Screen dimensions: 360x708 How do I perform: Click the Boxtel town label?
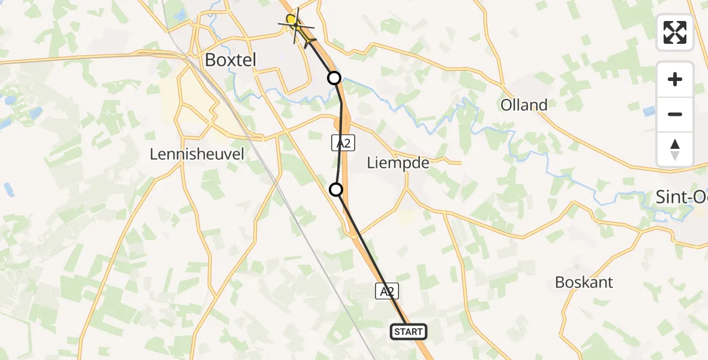click(x=230, y=59)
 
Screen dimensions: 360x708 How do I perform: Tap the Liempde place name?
click(x=398, y=163)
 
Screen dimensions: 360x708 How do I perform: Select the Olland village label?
click(x=524, y=105)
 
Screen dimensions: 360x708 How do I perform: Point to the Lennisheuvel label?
click(x=197, y=154)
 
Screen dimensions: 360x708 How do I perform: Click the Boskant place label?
click(x=584, y=282)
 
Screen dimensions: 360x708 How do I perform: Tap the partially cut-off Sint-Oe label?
click(x=680, y=196)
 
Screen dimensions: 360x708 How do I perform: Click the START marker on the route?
click(x=409, y=331)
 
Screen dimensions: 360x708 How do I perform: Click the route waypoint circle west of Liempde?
click(x=337, y=190)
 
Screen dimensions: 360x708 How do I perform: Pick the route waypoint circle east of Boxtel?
click(x=334, y=77)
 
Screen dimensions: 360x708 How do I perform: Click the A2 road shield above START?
click(x=387, y=292)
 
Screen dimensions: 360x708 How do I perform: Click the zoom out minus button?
click(x=675, y=114)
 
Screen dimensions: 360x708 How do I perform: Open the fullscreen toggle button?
click(x=675, y=32)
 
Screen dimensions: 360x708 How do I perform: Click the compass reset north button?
click(x=675, y=149)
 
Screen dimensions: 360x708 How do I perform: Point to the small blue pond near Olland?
click(x=649, y=111)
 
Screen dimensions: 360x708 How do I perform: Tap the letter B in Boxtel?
click(x=211, y=59)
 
